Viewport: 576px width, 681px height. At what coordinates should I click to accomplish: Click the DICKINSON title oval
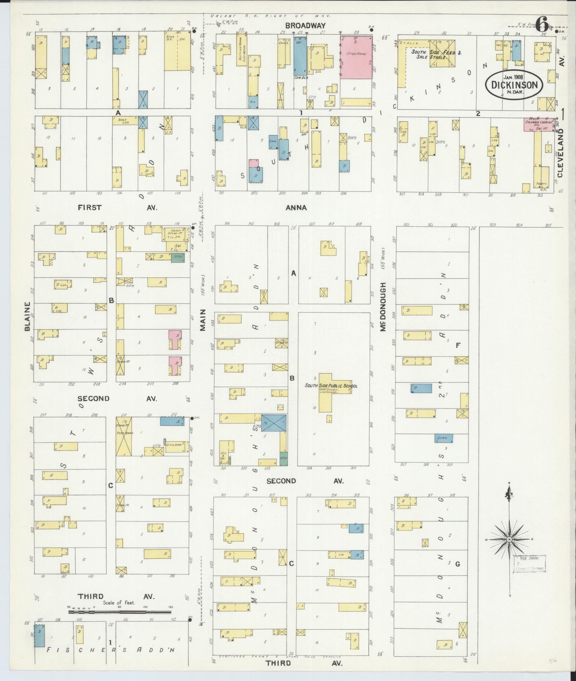[514, 84]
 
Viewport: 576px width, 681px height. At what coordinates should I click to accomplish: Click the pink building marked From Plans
[356, 57]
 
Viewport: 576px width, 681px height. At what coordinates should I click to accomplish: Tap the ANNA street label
[296, 208]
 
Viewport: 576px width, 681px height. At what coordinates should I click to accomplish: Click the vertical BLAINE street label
[28, 316]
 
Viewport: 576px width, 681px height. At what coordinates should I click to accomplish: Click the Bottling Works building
[242, 51]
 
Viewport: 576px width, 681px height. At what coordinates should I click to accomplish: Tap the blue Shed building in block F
[444, 438]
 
